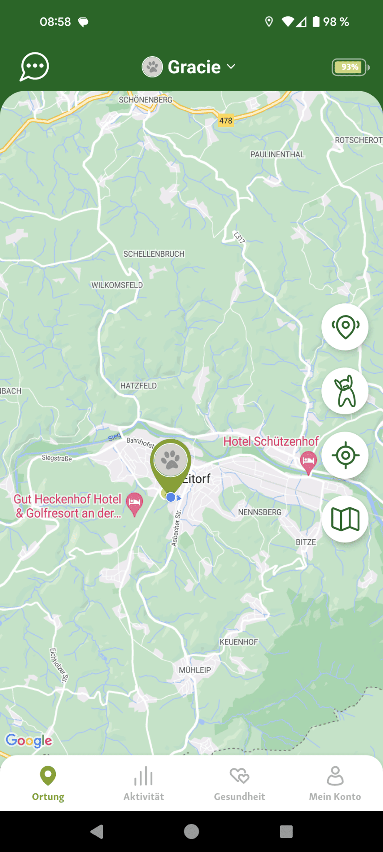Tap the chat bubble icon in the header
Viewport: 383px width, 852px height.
(35, 67)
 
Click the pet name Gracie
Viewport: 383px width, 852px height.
(194, 67)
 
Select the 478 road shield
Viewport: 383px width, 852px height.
(226, 121)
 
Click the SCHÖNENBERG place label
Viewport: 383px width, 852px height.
(145, 100)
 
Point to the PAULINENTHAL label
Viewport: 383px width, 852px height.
(277, 154)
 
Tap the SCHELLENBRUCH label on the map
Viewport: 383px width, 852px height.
(154, 254)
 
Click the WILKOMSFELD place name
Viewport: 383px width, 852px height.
(117, 285)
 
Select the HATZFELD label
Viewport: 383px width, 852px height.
(138, 386)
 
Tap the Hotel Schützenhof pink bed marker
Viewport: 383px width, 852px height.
(308, 461)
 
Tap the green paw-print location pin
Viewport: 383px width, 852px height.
(171, 462)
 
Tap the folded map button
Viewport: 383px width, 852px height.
(345, 519)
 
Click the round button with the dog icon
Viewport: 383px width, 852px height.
(345, 391)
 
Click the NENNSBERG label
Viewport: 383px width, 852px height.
(260, 512)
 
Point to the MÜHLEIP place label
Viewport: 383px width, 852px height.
(195, 670)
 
